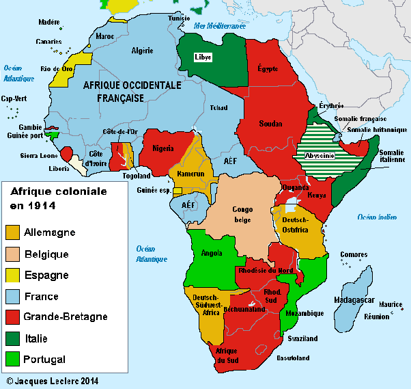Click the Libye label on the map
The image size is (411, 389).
point(203,57)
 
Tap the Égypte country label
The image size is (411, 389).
point(268,68)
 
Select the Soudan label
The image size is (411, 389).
point(270,124)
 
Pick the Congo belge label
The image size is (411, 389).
point(242,215)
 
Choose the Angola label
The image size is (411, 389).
point(212,253)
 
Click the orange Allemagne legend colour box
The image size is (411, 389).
point(12,232)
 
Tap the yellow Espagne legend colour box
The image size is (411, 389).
point(12,276)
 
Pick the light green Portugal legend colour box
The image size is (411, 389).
point(12,359)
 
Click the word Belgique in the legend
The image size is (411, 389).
point(46,254)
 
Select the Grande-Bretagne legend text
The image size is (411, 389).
point(65,317)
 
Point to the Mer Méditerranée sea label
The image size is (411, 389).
point(220,25)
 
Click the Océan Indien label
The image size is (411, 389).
point(376,217)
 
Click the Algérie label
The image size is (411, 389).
point(143,51)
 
